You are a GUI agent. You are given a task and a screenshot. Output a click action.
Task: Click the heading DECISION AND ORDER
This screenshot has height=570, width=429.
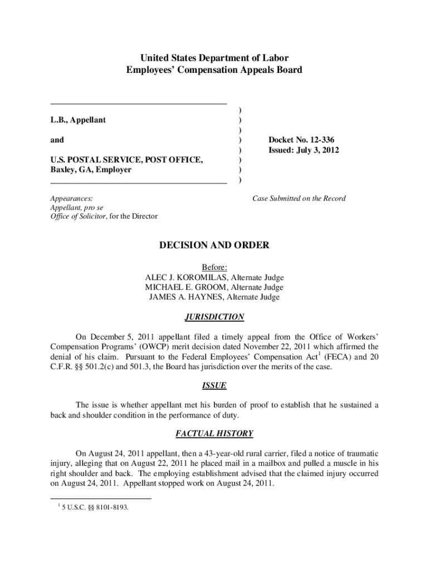point(214,245)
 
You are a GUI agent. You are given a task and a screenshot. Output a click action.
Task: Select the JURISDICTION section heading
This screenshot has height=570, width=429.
point(214,317)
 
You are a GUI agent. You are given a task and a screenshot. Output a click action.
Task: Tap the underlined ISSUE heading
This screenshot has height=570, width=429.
point(214,385)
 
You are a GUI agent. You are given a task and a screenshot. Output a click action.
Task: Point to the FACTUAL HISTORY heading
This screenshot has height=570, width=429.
point(214,433)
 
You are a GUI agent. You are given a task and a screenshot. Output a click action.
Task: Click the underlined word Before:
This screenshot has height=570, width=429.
point(214,267)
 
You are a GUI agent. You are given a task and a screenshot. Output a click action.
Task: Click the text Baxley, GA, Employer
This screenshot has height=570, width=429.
point(91,170)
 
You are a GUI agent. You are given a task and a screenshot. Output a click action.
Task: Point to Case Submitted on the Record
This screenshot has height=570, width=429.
point(299,198)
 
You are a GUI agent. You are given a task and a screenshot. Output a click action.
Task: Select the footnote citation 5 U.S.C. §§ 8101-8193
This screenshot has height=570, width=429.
point(95,507)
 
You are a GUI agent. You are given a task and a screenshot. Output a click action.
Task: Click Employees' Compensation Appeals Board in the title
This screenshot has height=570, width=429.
point(214,70)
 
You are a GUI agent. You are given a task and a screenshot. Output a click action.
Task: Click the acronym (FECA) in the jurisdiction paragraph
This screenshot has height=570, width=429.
point(335,356)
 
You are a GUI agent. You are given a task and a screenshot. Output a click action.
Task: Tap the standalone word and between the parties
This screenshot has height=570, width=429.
point(57,140)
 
